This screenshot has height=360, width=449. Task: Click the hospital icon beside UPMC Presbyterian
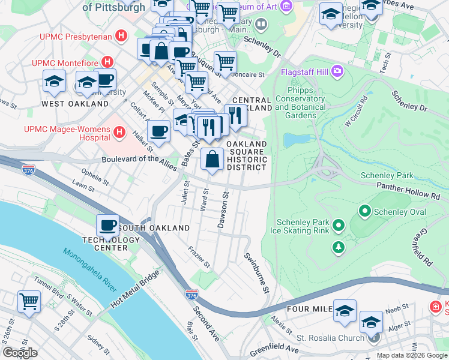(122, 37)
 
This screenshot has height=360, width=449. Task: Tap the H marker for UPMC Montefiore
(107, 62)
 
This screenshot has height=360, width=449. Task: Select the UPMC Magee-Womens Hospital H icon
(119, 131)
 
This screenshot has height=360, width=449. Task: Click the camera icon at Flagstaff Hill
(337, 72)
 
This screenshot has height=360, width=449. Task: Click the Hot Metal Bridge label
(135, 290)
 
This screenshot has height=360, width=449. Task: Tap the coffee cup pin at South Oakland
(108, 226)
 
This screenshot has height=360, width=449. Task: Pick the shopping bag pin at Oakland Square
(212, 160)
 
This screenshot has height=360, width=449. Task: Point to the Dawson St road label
(223, 211)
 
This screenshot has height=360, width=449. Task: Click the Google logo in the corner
(20, 352)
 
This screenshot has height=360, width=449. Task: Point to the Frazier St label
(199, 257)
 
